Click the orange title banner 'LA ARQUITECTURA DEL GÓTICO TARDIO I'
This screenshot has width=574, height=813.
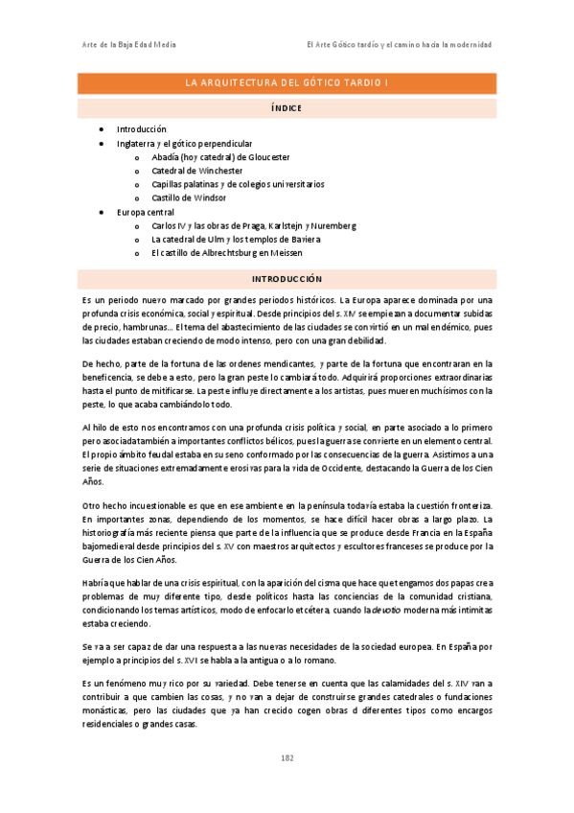(x=287, y=83)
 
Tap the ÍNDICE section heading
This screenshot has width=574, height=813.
(x=287, y=108)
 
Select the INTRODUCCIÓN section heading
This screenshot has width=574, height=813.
(x=287, y=278)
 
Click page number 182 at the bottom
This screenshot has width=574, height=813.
(x=287, y=757)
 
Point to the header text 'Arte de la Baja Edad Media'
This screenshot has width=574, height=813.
(x=128, y=45)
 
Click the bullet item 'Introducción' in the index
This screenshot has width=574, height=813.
(x=142, y=128)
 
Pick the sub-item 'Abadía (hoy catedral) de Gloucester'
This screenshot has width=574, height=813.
(x=220, y=156)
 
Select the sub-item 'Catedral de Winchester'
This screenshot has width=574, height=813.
(x=197, y=171)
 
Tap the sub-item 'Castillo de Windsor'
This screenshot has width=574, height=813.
(x=189, y=197)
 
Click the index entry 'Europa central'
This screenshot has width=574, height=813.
(x=146, y=212)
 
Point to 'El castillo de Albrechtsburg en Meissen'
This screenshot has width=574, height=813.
(x=226, y=253)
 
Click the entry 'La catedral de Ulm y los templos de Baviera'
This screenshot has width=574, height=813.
(x=236, y=240)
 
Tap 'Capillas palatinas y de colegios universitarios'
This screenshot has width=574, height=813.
(x=238, y=184)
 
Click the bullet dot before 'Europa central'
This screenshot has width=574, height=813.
(x=103, y=212)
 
